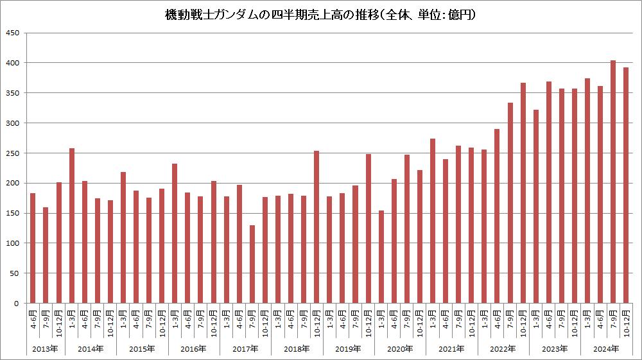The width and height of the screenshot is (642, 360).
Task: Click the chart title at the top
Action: tap(320, 13)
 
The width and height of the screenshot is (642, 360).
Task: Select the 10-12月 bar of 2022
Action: tap(523, 193)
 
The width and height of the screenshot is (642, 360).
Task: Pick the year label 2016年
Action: tap(194, 349)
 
